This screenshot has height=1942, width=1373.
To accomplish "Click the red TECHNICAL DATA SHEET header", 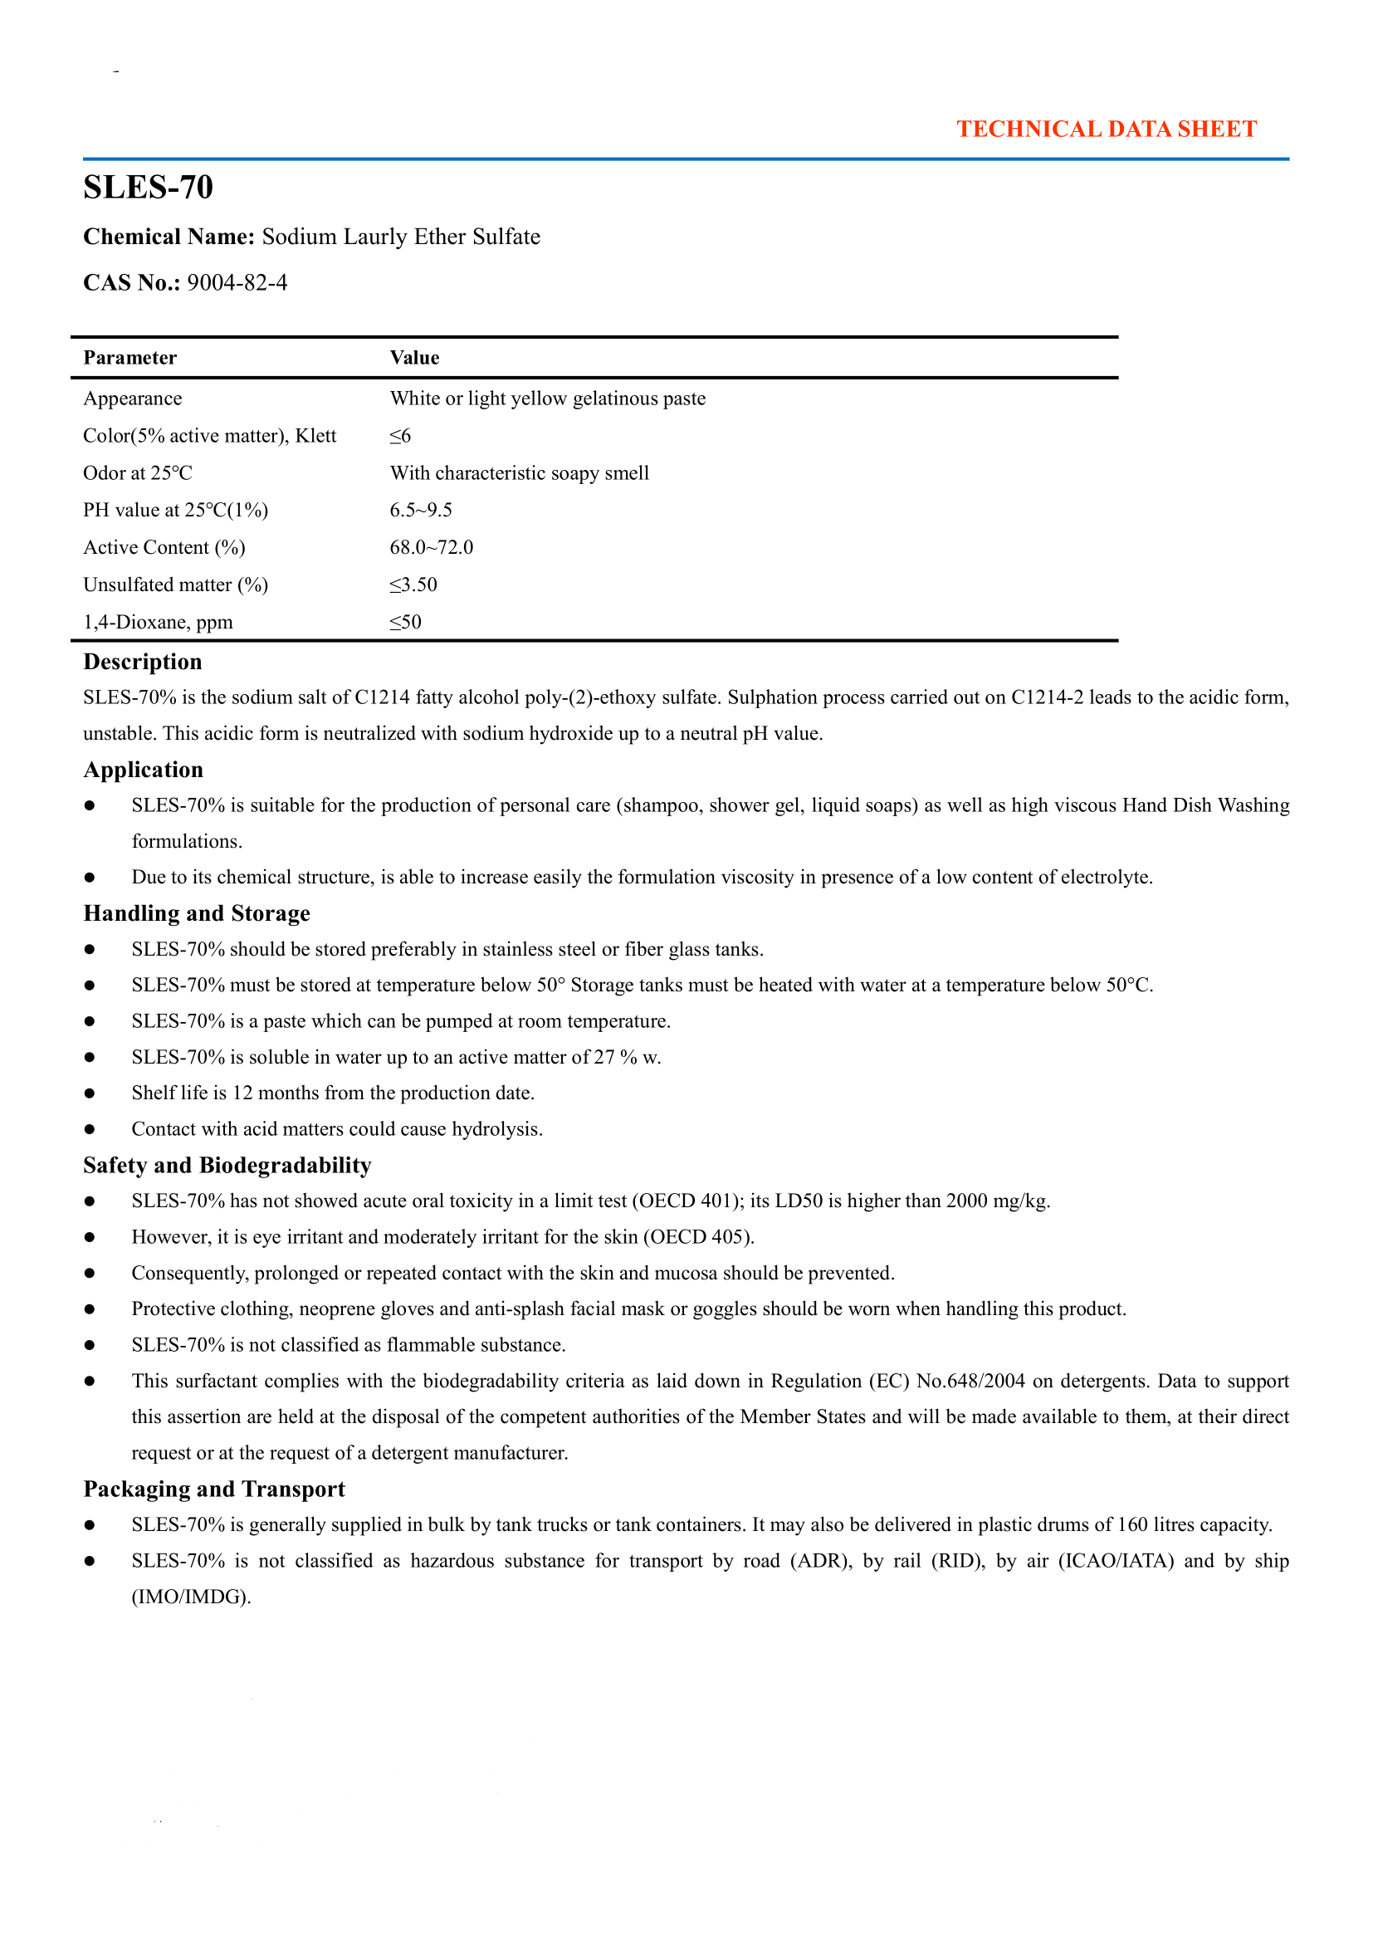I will click(1106, 130).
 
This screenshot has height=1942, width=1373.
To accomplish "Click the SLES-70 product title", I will click(148, 187).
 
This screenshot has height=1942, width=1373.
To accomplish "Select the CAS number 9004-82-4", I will click(237, 282).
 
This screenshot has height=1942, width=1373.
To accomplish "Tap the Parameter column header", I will click(130, 358).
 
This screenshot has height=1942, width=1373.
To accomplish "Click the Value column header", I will click(414, 358).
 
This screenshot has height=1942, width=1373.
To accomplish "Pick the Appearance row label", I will click(133, 399).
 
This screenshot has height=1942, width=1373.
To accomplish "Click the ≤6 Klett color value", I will click(400, 436).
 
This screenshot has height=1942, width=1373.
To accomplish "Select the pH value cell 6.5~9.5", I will click(421, 510).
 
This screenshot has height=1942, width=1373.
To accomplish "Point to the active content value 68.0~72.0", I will click(431, 547).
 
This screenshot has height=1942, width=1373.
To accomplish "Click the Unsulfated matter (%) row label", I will click(176, 585).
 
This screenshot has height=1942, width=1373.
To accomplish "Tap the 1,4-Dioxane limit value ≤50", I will click(405, 622).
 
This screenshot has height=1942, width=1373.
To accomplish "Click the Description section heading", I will click(143, 662).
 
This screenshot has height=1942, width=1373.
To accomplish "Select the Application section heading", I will click(144, 770).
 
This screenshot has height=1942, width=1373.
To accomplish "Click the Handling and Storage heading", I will click(197, 913).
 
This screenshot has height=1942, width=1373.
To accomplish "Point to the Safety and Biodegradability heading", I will click(227, 1166).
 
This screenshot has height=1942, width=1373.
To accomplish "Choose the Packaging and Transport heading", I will click(215, 1489).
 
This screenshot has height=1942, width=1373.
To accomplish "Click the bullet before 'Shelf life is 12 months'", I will click(90, 1093).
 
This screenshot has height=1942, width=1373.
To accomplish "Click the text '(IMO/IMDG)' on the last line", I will click(191, 1597).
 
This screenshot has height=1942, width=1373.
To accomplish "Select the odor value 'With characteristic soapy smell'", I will click(519, 472).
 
